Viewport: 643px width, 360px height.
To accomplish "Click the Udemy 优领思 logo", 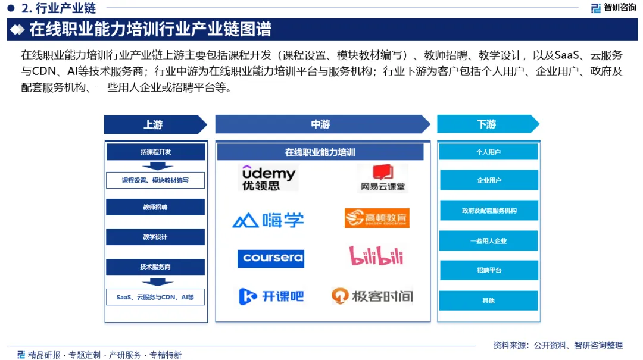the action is [269, 178].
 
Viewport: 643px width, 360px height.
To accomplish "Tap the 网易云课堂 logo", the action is [382, 178].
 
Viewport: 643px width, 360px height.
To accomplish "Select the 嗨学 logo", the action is [268, 220].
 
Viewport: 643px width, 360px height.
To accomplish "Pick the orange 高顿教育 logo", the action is [377, 218].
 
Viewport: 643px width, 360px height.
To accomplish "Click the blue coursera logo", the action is [270, 258].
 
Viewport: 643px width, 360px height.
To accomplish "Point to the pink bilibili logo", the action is [376, 256].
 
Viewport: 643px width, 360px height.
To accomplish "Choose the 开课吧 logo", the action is [271, 296].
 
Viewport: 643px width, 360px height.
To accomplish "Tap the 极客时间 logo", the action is [372, 296].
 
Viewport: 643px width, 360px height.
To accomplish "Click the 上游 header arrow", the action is [155, 124].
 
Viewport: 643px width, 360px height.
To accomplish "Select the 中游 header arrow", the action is [322, 124].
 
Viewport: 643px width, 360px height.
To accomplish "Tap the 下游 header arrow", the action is [488, 124].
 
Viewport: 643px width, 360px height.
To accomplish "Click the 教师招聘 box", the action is [155, 207].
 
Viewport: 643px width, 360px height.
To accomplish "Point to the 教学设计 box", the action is [155, 237].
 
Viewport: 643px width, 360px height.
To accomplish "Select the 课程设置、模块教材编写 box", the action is [155, 180].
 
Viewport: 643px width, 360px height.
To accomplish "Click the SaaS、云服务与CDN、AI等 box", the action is [155, 296].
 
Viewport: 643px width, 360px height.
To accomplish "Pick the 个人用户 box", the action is [488, 152].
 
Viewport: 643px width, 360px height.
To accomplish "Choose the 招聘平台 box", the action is [488, 270].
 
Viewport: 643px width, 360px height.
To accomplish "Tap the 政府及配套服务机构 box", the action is [488, 211].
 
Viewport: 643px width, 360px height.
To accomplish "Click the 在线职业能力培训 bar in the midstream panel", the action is [320, 152].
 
